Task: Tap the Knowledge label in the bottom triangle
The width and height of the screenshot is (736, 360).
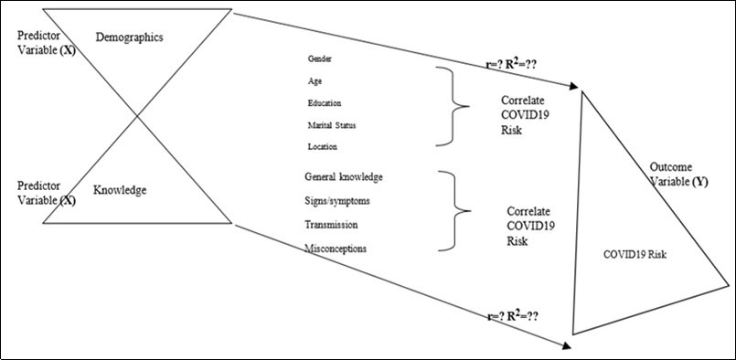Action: coord(121,190)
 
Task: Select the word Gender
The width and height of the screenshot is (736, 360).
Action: coord(320,58)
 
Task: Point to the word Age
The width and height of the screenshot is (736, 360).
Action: coord(315,80)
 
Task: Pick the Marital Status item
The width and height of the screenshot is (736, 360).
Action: coord(333,124)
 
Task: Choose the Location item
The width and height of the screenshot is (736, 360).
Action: coord(324,146)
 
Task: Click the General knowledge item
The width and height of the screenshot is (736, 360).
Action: coord(344,176)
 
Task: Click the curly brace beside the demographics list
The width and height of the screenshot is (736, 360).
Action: coord(453,105)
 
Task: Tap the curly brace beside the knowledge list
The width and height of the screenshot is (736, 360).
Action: coord(454,211)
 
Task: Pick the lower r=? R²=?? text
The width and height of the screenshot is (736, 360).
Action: coord(512,316)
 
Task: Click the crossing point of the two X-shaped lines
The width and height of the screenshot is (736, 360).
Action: coord(138,115)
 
